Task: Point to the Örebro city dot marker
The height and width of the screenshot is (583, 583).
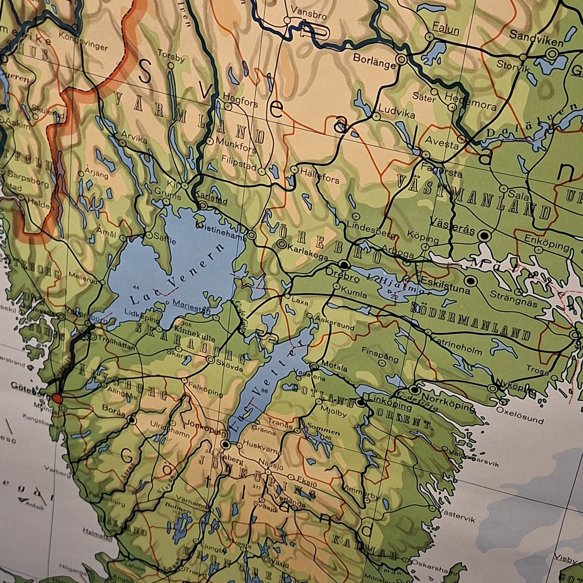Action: tap(344, 265)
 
